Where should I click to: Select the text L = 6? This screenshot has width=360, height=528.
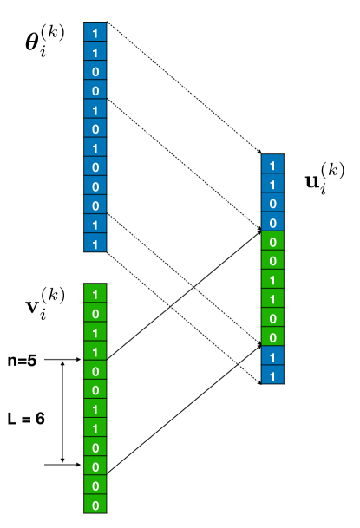[29, 418]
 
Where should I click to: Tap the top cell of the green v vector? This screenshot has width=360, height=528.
[95, 293]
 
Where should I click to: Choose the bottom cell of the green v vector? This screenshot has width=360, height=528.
[95, 505]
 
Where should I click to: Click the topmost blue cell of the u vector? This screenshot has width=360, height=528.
[273, 165]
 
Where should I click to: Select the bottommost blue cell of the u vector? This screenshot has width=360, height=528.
[273, 376]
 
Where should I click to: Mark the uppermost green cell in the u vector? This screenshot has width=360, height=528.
[273, 242]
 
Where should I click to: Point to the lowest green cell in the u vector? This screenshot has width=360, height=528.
[273, 337]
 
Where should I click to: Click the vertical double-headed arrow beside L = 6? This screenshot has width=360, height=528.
[62, 411]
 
